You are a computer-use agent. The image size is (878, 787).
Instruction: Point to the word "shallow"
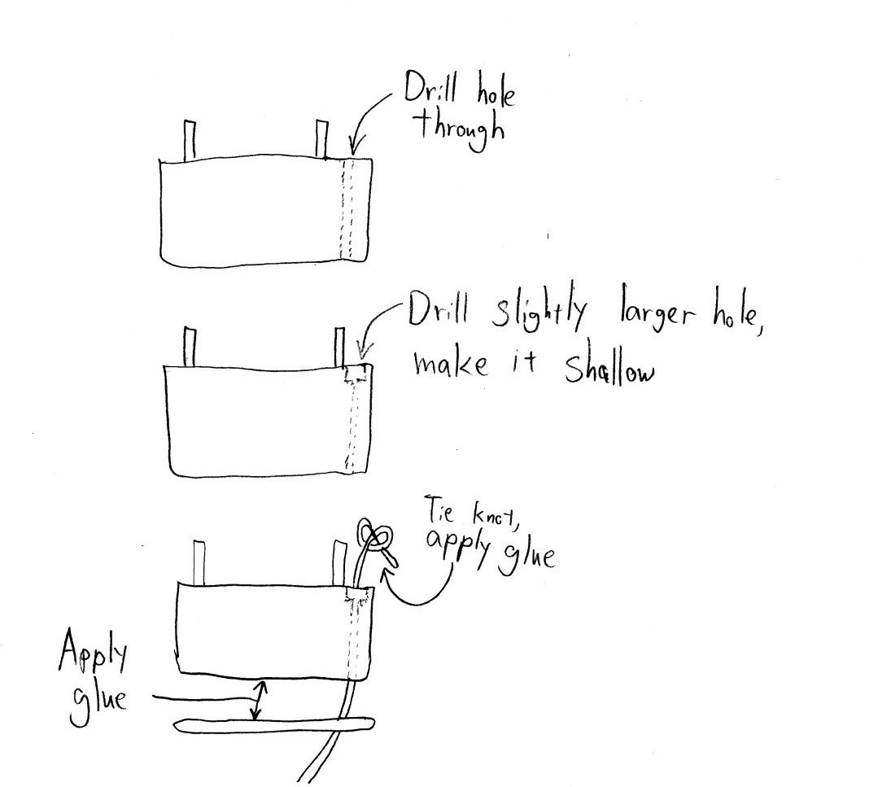tap(609, 370)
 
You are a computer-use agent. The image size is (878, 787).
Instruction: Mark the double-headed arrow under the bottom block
tap(257, 701)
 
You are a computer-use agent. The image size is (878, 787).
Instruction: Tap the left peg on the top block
tap(190, 140)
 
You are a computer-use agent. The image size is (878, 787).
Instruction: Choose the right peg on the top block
tap(321, 140)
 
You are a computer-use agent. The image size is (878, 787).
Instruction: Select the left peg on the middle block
tap(190, 347)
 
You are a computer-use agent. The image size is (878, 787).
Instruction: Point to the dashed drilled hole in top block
tap(351, 210)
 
